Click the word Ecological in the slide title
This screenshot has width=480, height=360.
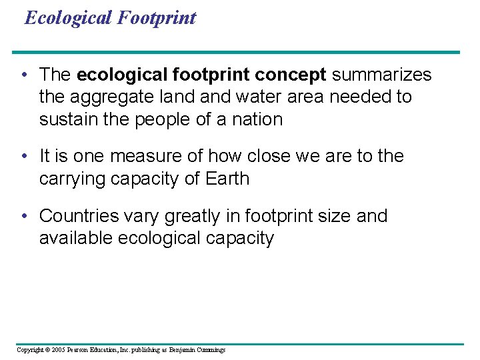(69, 17)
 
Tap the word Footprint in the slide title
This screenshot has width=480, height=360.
(157, 17)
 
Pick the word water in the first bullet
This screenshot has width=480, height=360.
(232, 97)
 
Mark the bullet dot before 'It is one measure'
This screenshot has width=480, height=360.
(23, 156)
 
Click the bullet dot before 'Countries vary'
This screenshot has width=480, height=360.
(23, 216)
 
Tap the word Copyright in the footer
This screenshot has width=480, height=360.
(29, 350)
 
